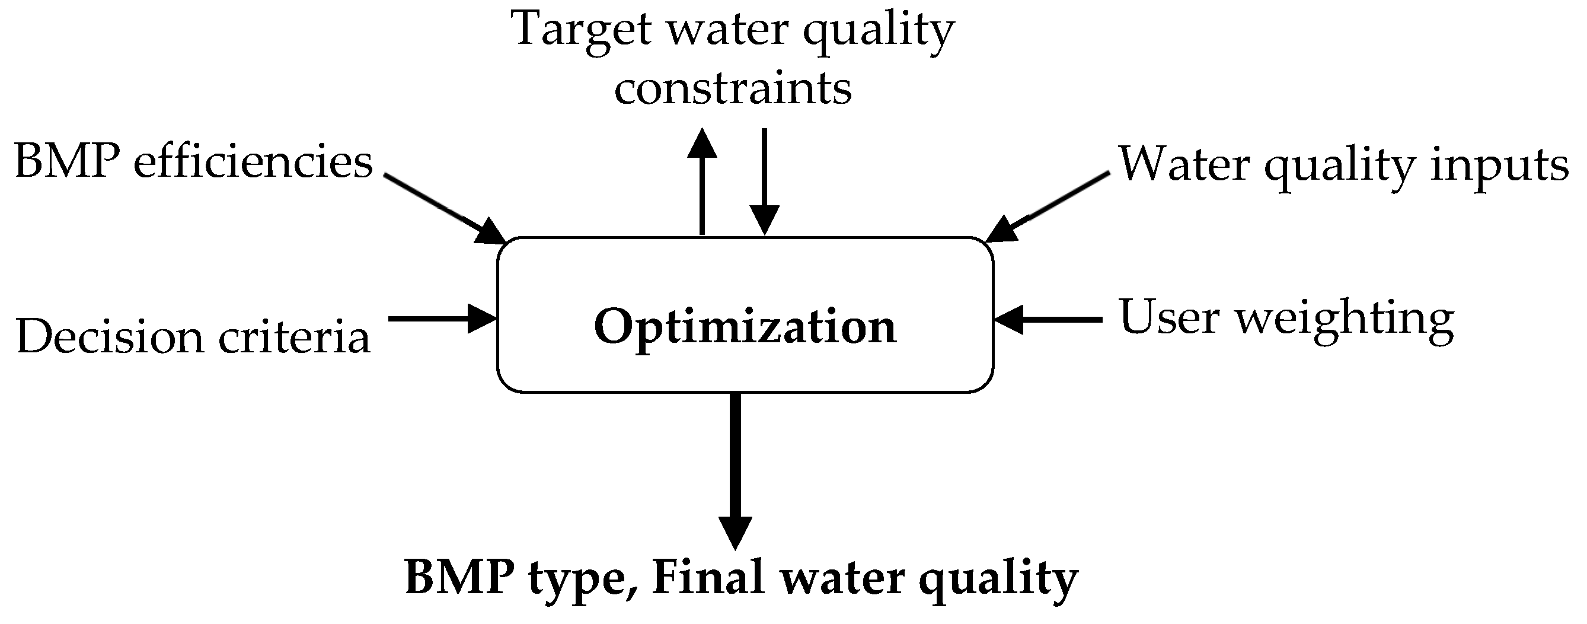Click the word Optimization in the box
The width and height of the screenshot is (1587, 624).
click(745, 327)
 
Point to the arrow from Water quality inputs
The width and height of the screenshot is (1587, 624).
click(1048, 207)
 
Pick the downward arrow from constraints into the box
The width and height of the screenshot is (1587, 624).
click(764, 182)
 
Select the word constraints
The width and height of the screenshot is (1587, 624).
click(733, 90)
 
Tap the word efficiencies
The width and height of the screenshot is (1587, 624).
click(253, 163)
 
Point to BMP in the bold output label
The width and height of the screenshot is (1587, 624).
click(459, 578)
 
